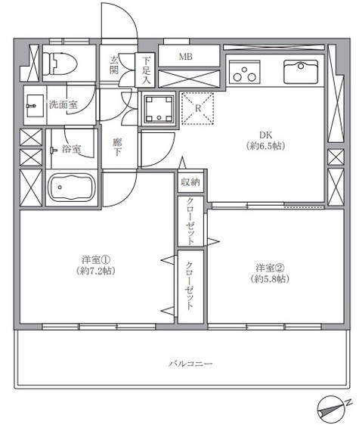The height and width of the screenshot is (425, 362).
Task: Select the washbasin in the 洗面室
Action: point(33,105)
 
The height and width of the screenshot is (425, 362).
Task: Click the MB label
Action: point(185,57)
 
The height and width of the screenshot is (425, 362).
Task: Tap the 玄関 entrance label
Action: point(115,66)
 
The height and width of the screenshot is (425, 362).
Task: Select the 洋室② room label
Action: point(269,268)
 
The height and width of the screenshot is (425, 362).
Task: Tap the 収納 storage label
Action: point(190,183)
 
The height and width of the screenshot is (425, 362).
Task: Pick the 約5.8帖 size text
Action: point(269,280)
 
